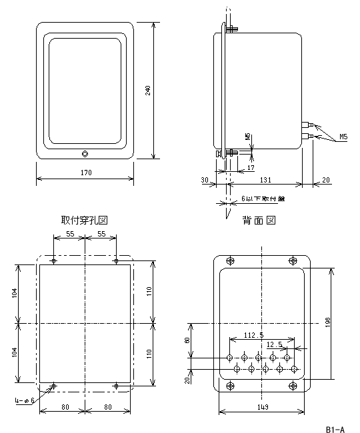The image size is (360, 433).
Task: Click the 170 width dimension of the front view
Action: (x=85, y=173)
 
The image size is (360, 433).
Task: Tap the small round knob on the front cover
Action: (x=85, y=154)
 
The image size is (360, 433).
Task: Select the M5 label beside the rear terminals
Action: (x=343, y=137)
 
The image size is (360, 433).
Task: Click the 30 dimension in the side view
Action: (x=205, y=180)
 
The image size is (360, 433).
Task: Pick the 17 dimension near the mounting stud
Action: (x=251, y=168)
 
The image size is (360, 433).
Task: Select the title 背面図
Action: (x=259, y=220)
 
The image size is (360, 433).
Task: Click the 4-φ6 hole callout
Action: (x=23, y=400)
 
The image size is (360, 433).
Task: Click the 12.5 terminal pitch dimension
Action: (x=273, y=344)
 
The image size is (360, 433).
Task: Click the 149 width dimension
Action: (x=262, y=406)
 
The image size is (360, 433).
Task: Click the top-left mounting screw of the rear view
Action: (x=231, y=260)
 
